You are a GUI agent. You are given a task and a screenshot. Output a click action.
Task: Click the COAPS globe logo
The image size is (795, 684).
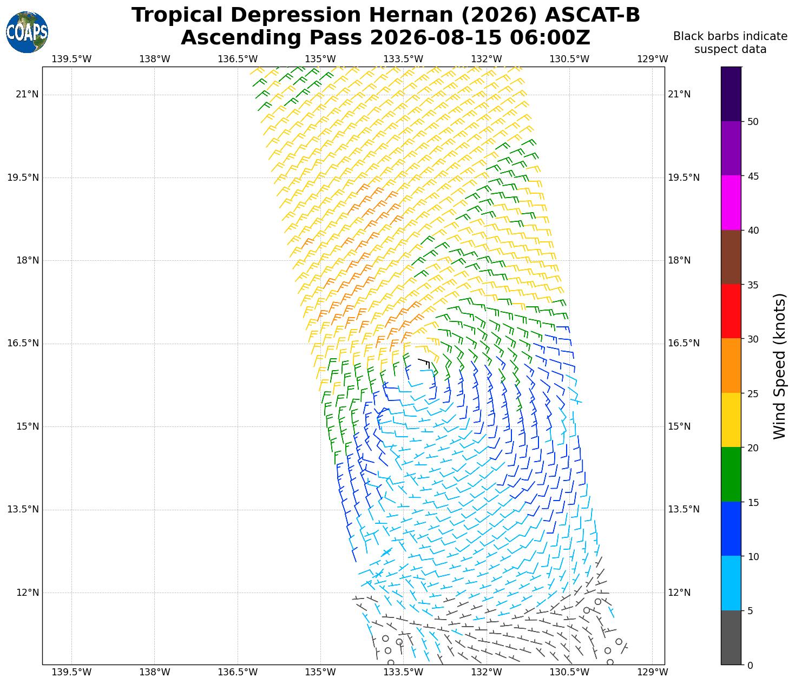click(x=27, y=32)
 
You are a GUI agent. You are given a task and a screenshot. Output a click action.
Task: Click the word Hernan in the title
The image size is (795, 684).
click(x=410, y=15)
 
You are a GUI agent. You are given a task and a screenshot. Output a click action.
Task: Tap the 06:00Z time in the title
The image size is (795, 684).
click(x=550, y=38)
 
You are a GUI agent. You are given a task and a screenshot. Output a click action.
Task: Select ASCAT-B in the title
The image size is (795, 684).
click(x=592, y=15)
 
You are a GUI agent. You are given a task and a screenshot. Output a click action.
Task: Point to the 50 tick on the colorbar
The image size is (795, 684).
click(x=743, y=122)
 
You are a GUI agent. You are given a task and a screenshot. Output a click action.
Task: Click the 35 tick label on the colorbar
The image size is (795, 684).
click(x=753, y=285)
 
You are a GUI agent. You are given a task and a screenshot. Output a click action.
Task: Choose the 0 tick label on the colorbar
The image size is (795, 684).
click(x=750, y=666)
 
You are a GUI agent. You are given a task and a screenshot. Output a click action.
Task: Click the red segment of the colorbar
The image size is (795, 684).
click(x=731, y=312)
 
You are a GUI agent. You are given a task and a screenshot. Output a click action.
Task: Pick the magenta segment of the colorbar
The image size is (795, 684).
click(x=731, y=202)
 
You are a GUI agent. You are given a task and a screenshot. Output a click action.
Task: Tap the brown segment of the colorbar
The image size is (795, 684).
click(x=731, y=257)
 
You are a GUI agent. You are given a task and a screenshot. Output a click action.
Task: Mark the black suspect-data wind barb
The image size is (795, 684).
click(x=424, y=363)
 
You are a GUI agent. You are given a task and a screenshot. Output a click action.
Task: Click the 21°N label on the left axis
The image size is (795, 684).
click(x=27, y=95)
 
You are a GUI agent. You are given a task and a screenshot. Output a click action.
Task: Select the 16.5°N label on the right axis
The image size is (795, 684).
click(x=684, y=343)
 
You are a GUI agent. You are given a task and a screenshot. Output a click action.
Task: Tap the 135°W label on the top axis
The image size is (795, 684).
click(x=320, y=59)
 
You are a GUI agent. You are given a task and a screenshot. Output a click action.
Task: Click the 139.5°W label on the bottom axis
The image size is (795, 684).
click(x=71, y=672)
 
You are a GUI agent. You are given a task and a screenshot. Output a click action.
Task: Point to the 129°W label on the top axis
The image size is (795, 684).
click(x=653, y=59)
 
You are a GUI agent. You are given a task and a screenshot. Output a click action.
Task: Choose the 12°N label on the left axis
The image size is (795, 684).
click(x=27, y=593)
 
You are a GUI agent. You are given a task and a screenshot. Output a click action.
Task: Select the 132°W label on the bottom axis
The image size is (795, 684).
click(x=487, y=672)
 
